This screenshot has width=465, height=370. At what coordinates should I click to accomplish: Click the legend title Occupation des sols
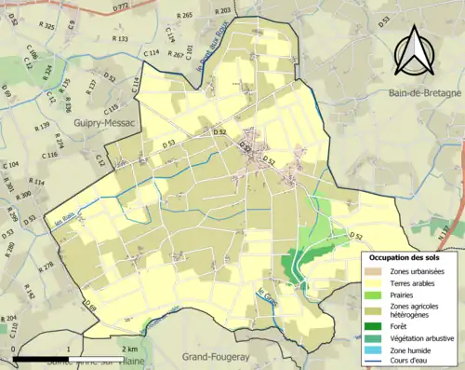[x=405, y=256]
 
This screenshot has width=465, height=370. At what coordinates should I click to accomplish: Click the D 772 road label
[x=122, y=7]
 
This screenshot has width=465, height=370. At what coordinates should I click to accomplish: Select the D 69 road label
[x=89, y=305]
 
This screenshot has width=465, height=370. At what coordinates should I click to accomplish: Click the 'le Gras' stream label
[x=267, y=300]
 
